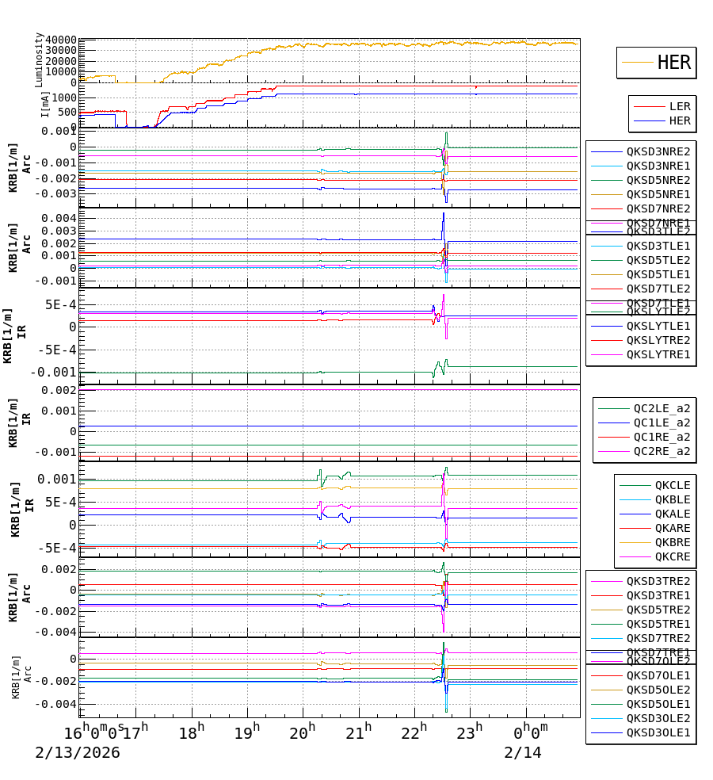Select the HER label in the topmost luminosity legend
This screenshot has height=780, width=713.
674,63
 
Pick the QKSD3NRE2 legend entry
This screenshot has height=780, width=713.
658,151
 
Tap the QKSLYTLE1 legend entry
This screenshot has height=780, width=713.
658,326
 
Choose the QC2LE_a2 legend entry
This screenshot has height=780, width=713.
662,409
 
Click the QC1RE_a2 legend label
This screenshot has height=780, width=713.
662,438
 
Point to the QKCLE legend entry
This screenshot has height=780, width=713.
673,485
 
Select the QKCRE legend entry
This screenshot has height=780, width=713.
673,556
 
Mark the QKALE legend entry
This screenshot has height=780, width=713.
673,514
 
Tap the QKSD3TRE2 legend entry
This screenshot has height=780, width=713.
658,581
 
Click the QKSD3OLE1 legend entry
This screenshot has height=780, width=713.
658,732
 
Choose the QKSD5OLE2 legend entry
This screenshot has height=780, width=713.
658,690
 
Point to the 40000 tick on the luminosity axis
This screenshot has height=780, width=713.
62,40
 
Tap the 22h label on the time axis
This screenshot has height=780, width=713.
414,731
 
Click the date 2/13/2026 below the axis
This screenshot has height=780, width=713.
78,752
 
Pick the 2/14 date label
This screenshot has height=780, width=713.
523,752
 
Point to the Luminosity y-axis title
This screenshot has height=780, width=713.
39,59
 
